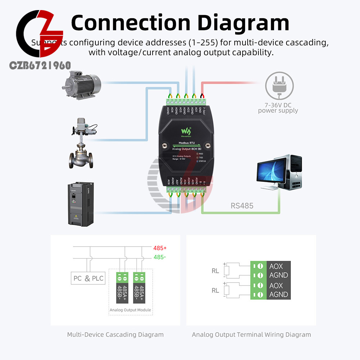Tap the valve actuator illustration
coord(81,144)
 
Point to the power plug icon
coord(279,87)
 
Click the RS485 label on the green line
coord(242,206)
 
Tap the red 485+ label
coord(160,248)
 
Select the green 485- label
coord(159,257)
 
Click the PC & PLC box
coord(89,278)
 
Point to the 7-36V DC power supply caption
coord(278,108)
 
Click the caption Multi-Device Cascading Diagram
coord(115,334)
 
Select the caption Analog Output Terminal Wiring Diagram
coord(251,334)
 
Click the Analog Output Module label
coord(130,310)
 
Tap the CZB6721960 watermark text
coord(40,66)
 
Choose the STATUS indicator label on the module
coord(202,161)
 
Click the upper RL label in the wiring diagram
coord(215,271)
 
